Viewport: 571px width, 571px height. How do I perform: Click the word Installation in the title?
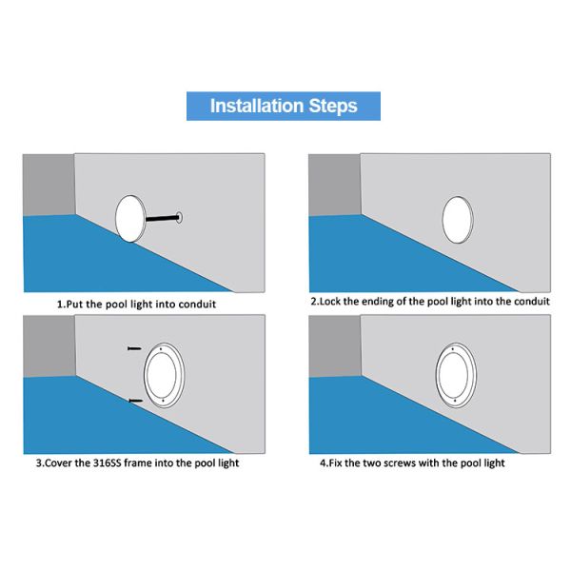point(257,106)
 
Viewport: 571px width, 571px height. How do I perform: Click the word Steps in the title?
point(333,106)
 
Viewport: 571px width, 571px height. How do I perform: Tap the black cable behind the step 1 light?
point(163,219)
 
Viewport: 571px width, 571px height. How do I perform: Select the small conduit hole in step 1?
point(179,217)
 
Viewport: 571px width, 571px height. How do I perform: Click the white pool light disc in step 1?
point(130,219)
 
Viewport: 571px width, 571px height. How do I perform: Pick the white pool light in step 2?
point(458,220)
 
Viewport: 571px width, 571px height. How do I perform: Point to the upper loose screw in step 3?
point(134,348)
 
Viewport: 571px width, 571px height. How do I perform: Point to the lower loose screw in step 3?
point(136,401)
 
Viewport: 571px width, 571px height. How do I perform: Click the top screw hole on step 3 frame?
point(161,349)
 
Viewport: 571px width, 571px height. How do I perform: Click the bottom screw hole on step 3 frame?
point(163,401)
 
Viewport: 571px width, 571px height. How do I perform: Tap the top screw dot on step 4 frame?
point(453,349)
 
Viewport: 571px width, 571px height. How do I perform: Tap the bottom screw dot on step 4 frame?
point(455,401)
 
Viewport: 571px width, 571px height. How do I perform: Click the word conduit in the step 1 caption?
point(197,305)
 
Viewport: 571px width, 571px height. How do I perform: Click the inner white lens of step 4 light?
point(453,374)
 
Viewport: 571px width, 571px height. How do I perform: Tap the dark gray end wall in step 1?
point(49,185)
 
